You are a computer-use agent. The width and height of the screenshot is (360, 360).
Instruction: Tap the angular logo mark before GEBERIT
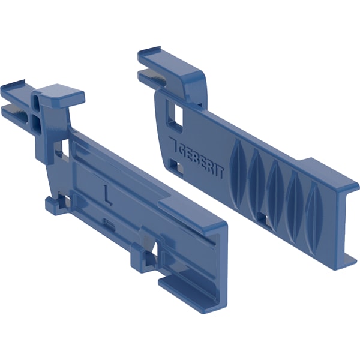pos(173,145)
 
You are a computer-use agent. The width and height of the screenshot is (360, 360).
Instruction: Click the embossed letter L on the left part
pos(107,194)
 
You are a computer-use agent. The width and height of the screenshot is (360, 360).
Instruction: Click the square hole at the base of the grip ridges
pos(263,218)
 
